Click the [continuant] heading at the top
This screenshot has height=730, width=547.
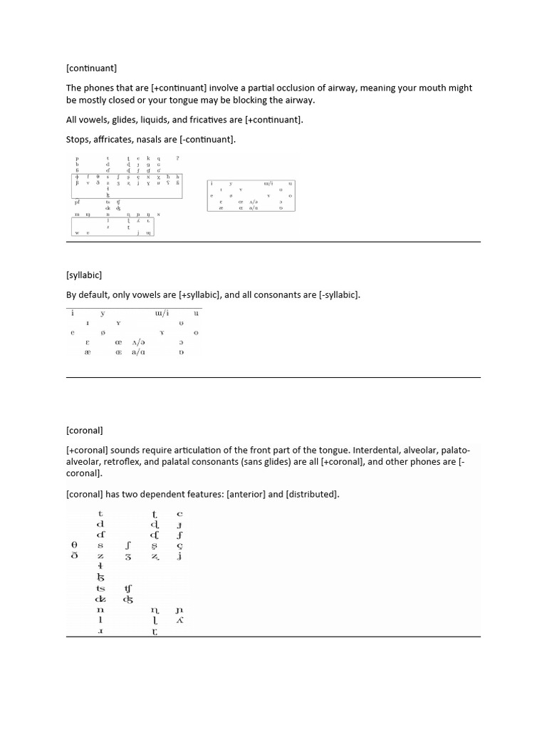pyautogui.click(x=91, y=68)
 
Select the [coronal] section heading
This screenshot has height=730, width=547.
pyautogui.click(x=85, y=431)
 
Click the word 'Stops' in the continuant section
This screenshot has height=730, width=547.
pyautogui.click(x=78, y=139)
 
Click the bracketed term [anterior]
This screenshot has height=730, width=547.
pyautogui.click(x=250, y=494)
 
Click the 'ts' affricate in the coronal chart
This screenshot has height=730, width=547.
pyautogui.click(x=100, y=589)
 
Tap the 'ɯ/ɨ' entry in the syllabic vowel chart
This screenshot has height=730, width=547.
pyautogui.click(x=162, y=313)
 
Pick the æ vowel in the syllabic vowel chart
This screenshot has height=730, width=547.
pyautogui.click(x=88, y=353)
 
